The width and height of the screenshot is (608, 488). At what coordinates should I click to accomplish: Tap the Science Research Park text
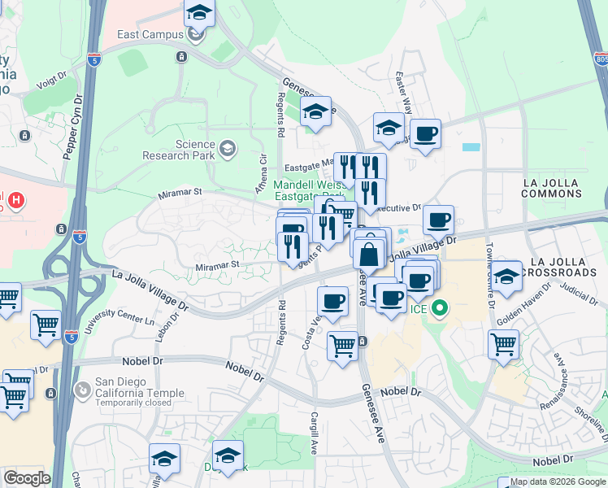coord(178,150)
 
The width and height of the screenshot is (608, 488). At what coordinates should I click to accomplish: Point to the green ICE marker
coord(440,308)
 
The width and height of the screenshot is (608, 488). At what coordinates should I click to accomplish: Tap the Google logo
coord(26,478)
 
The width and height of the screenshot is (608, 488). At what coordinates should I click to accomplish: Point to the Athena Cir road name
coord(263,172)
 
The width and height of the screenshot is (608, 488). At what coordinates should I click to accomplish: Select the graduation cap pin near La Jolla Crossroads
coord(506,277)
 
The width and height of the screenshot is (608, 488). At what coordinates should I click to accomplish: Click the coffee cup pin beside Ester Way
coord(424,133)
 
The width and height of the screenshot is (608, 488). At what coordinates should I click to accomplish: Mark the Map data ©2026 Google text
coord(557,481)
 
